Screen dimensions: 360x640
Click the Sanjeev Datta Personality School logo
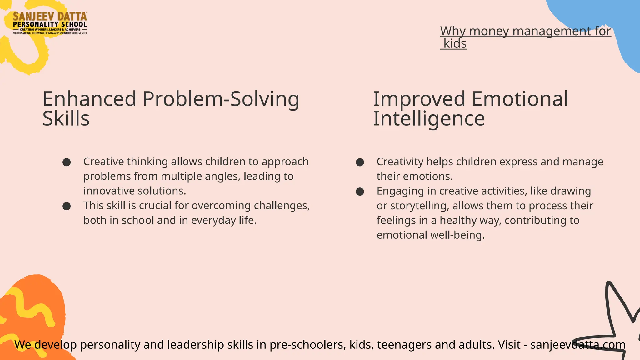tap(50, 23)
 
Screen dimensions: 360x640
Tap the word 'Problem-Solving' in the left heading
tap(221, 99)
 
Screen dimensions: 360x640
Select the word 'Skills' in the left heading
tap(66, 119)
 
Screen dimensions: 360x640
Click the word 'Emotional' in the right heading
tap(520, 99)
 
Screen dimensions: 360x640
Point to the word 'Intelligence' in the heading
tap(429, 119)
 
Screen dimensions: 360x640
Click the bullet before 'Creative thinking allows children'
tap(67, 162)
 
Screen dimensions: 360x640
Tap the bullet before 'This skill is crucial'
tap(67, 206)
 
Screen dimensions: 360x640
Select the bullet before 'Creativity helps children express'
tap(360, 162)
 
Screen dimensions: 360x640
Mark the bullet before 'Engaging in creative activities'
tap(360, 192)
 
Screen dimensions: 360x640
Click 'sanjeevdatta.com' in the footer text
tap(578, 345)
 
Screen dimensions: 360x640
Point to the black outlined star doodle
tap(617, 319)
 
